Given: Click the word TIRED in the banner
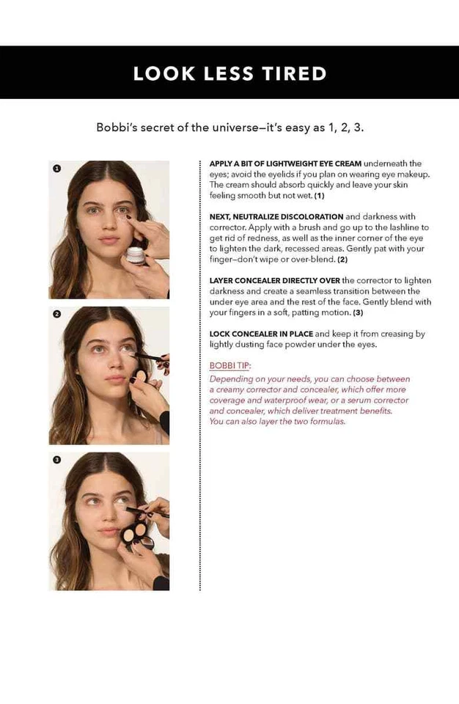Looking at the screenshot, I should pos(293,73).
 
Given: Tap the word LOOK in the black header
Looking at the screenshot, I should pos(156,73).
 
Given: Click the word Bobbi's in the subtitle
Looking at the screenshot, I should pos(117,127).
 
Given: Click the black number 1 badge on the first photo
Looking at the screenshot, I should pos(56,169).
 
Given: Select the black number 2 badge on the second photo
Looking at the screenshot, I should pos(56,314).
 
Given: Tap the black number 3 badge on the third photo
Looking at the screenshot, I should pos(56,460).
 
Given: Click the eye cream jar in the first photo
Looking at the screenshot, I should pos(135,254).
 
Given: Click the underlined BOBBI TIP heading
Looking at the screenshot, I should pos(229,365).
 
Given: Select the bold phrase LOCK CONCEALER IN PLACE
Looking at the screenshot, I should pos(261,334).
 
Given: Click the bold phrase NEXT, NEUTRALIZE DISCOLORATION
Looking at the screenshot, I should pos(276,217).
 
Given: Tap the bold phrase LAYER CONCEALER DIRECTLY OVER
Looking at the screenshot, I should pos(274,281).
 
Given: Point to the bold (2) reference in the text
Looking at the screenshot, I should pos(342,260).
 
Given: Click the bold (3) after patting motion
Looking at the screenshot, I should pos(358,312).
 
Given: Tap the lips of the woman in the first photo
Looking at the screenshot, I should pos(109,240).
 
